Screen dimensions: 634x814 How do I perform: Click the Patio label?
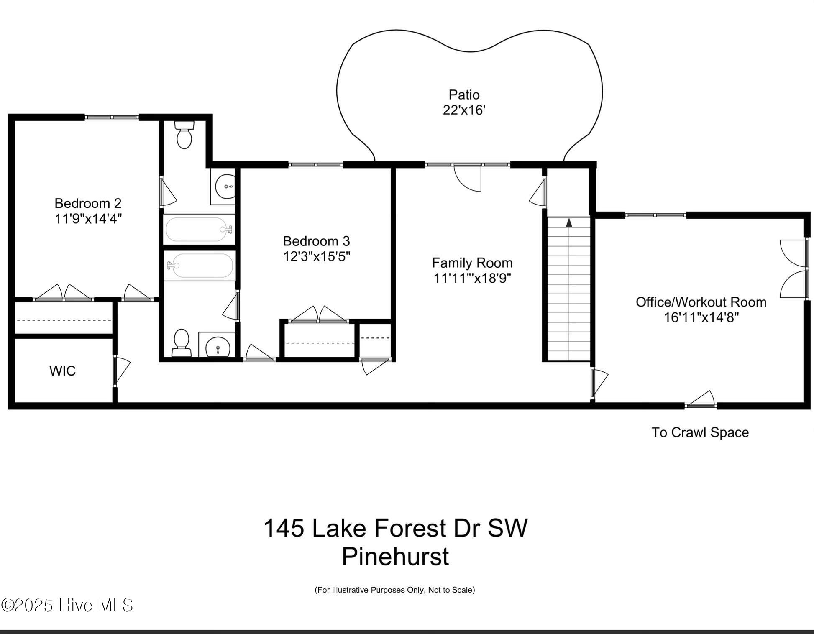pos(463,95)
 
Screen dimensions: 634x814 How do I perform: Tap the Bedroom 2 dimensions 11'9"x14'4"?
pos(88,219)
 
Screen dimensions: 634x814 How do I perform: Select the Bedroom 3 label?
pos(316,241)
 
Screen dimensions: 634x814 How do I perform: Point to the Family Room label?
pos(472,263)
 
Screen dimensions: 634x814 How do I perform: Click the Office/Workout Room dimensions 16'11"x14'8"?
pos(701,317)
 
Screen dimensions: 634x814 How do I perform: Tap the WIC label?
pos(62,371)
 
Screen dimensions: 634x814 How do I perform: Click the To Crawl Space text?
pos(700,432)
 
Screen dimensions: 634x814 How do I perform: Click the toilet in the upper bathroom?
pos(184,135)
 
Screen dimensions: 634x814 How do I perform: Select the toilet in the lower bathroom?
pos(181,342)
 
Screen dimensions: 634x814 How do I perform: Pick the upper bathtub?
pos(199,229)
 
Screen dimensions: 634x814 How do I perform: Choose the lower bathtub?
pos(200,265)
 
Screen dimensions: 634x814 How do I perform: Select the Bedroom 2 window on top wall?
pos(112,118)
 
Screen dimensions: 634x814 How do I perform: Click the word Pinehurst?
pos(395,557)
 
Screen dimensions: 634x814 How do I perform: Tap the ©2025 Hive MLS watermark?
pos(67,605)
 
